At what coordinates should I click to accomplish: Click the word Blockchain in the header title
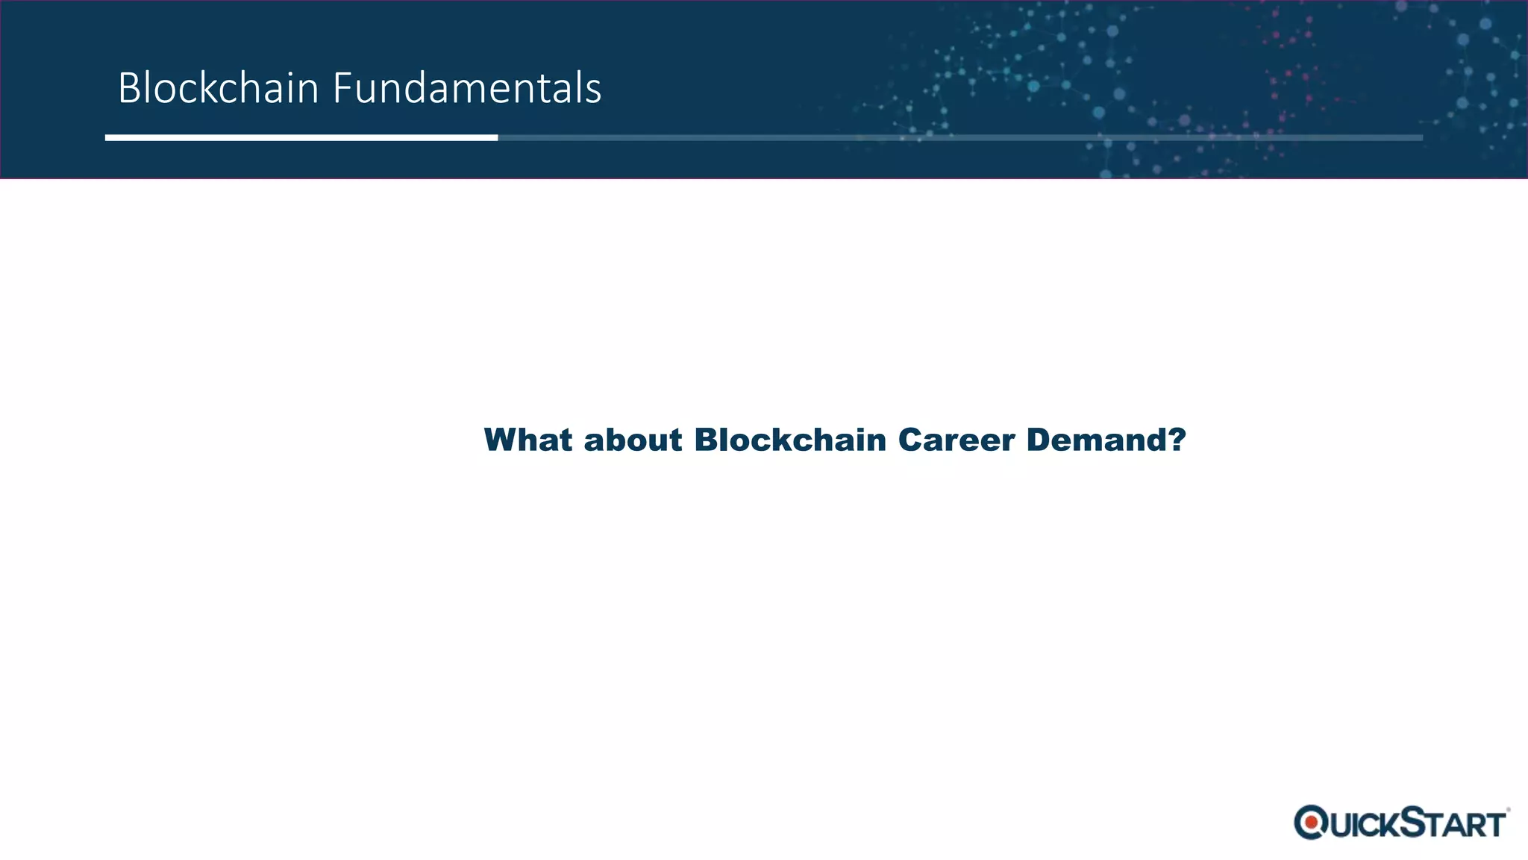(219, 88)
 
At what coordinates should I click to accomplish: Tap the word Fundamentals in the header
(466, 88)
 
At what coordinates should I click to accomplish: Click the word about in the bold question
(633, 440)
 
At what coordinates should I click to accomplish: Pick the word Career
(956, 440)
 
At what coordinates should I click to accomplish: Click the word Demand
(1097, 440)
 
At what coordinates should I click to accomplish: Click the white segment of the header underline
(301, 137)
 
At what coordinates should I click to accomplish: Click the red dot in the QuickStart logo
(1311, 823)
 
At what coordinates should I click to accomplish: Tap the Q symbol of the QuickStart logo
(1311, 823)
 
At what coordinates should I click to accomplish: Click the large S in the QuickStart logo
(1414, 821)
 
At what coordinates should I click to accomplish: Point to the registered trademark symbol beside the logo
(1508, 809)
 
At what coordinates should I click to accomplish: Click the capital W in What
(502, 440)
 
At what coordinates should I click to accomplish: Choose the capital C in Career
(912, 440)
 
